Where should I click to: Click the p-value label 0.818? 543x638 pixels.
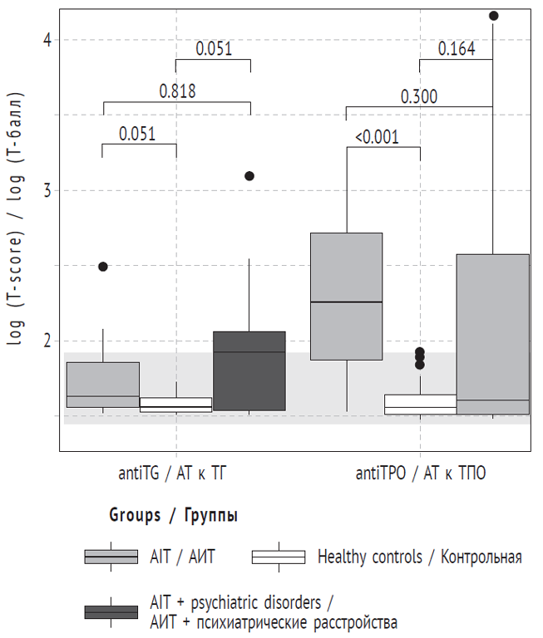177,91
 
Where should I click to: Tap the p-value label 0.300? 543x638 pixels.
418,96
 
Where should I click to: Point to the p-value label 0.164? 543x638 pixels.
457,49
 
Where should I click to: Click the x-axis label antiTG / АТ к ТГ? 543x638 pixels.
176,474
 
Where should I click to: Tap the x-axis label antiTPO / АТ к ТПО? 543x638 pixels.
420,474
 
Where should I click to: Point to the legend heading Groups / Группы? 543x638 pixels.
173,516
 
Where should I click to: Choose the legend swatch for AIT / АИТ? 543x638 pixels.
111,557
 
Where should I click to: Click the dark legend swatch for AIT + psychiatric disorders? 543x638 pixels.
111,612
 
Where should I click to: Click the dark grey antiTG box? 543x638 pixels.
249,371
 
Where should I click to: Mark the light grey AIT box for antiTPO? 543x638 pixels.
346,296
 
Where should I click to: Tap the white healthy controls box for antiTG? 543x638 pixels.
175,405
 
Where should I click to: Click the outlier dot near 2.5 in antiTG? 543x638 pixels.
103,267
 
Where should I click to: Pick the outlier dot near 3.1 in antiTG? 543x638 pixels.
249,176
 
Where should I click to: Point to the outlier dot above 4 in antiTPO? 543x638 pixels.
493,16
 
